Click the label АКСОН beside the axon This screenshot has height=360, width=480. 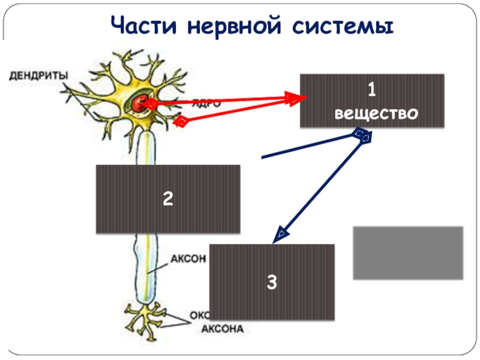189,259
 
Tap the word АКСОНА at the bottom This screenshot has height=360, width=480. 222,329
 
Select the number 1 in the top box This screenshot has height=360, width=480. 372,91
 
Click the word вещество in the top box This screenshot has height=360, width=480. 372,112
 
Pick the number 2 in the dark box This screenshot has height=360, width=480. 168,199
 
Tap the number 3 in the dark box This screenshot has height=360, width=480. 272,282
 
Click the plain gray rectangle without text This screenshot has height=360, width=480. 408,253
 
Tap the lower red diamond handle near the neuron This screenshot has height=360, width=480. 180,122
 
